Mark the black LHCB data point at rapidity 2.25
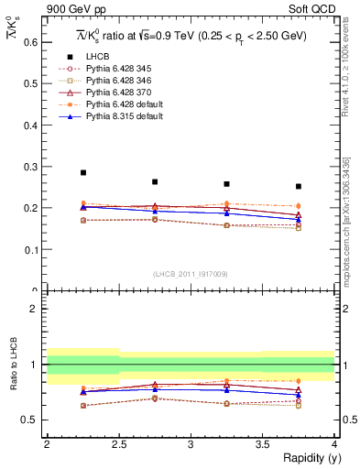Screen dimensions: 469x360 tap(82, 172)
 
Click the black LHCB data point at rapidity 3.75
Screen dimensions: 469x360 tap(298, 186)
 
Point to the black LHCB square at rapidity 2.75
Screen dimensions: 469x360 tap(155, 181)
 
